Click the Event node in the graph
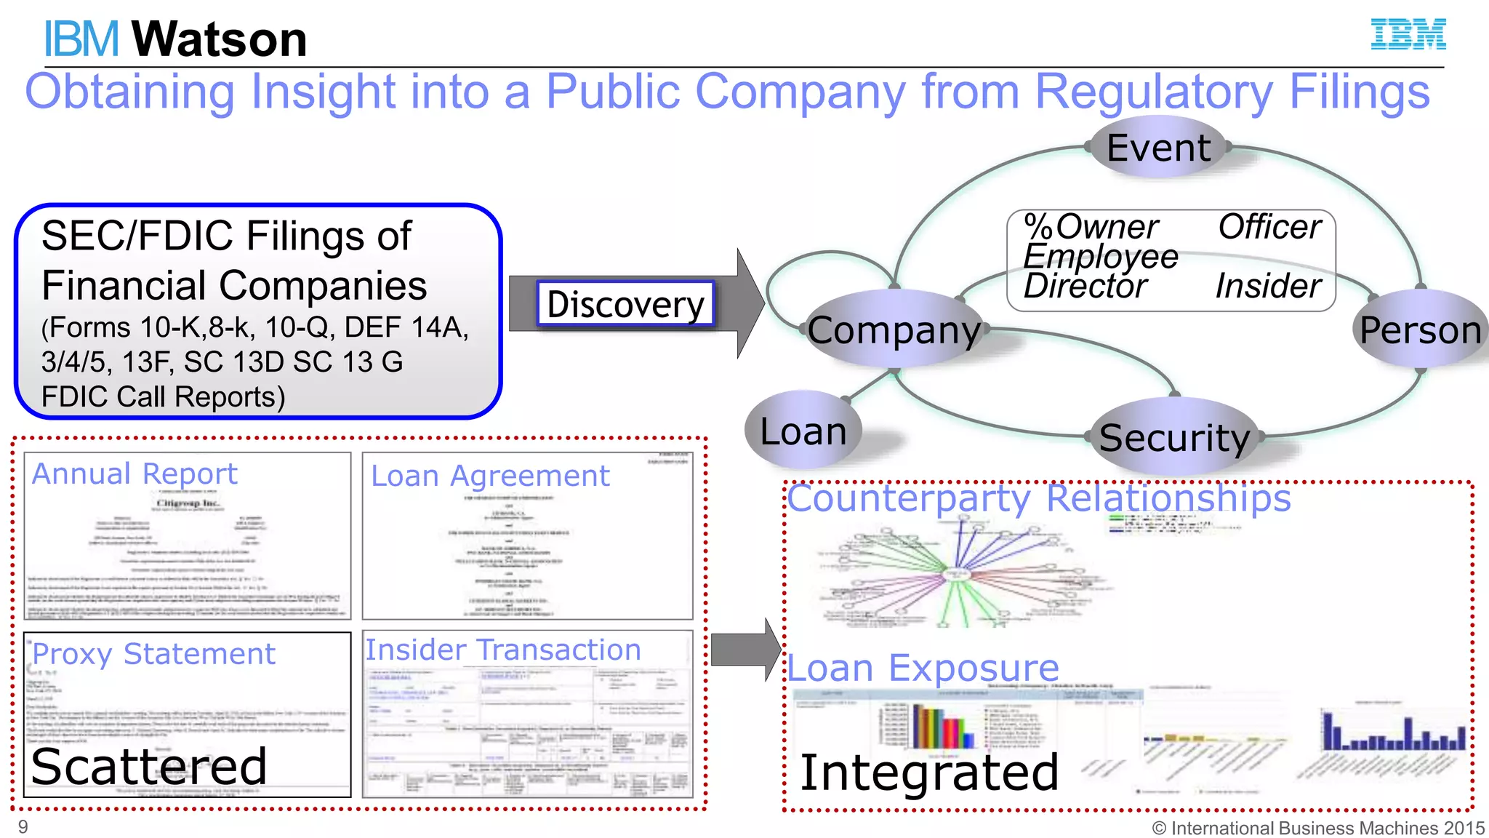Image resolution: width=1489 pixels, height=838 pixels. coord(1158,148)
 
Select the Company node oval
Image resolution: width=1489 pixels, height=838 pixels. coord(894,330)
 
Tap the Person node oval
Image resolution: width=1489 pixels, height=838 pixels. coord(1420,330)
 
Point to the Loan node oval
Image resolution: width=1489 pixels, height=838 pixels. coord(803,431)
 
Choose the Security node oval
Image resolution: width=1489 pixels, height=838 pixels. coord(1174,437)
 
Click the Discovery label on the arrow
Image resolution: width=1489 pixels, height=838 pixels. coord(625,303)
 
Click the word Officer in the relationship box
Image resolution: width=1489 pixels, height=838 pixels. coord(1269,227)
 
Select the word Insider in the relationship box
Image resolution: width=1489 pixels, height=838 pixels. coord(1268,286)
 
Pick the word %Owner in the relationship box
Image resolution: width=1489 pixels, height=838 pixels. coord(1091,227)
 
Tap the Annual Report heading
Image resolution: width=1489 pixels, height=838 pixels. coord(135,474)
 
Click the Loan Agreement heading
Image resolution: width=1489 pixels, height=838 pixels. coord(490,476)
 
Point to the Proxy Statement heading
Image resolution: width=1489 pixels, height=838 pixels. coord(153,654)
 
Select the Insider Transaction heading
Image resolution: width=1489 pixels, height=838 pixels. coord(502,650)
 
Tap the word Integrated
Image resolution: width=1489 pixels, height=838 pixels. coord(929,773)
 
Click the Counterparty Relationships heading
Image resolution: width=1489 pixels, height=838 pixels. coord(1039,499)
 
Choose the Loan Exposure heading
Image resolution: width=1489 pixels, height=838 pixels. coord(923,668)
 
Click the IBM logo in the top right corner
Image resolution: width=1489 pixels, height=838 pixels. coord(1408,34)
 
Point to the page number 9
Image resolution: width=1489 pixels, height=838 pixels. coord(23,827)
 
